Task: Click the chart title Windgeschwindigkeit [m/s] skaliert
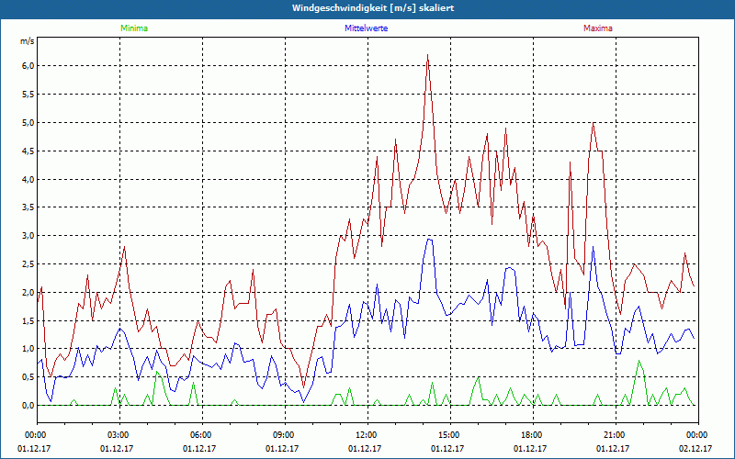pyautogui.click(x=367, y=8)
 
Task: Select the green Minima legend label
pyautogui.click(x=133, y=28)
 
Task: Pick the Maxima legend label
pyautogui.click(x=597, y=28)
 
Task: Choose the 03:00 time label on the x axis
pyautogui.click(x=119, y=434)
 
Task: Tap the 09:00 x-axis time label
pyautogui.click(x=284, y=434)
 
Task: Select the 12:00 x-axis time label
pyautogui.click(x=367, y=434)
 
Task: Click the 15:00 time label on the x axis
pyautogui.click(x=449, y=434)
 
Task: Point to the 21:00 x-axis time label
pyautogui.click(x=615, y=434)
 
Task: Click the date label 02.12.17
pyautogui.click(x=696, y=449)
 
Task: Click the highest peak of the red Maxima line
pyautogui.click(x=428, y=56)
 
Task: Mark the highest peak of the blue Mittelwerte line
pyautogui.click(x=428, y=240)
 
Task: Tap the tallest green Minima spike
pyautogui.click(x=639, y=361)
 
